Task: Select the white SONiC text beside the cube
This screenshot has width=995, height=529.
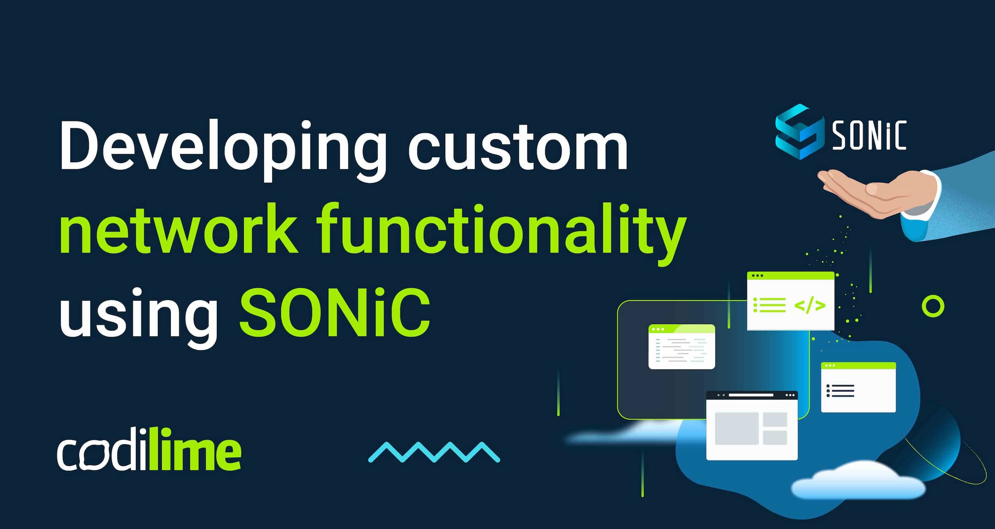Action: coord(869,135)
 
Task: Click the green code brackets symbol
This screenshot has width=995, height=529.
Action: coord(810,305)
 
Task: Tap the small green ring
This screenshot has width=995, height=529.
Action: coord(933,306)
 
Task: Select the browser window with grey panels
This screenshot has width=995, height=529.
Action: coord(752,426)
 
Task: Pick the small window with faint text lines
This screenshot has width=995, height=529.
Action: coord(682,347)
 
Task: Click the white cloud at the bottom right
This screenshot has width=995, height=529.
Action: coord(857,481)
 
